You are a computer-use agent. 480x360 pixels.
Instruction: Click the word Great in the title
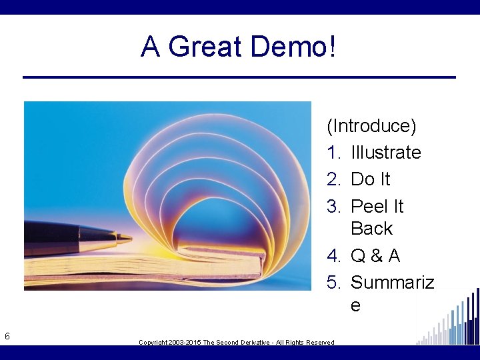click(206, 47)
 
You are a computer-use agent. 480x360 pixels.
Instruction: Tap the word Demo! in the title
click(294, 47)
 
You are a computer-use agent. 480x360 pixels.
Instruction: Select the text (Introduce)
click(371, 125)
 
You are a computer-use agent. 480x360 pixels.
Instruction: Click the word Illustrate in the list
click(385, 153)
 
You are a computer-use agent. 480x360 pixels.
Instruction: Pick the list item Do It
click(370, 179)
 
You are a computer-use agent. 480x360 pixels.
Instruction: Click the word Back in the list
click(371, 229)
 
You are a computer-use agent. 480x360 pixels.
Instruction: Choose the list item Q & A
click(375, 255)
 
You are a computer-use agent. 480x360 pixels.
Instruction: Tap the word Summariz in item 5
click(392, 283)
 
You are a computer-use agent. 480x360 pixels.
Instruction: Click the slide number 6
click(7, 336)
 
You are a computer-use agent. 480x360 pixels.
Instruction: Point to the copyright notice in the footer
click(236, 342)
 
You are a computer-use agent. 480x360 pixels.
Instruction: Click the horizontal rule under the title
click(239, 77)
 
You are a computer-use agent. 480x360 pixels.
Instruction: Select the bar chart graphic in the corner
click(450, 320)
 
